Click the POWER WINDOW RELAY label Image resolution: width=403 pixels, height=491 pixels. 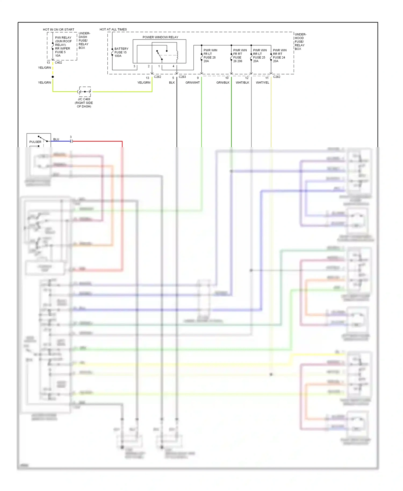click(160, 37)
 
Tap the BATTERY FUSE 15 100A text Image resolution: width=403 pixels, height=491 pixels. click(121, 52)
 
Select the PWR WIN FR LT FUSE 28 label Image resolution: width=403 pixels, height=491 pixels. click(210, 56)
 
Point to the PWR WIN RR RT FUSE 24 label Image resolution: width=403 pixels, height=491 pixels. click(279, 56)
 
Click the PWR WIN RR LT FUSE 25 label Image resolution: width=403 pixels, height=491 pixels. click(259, 56)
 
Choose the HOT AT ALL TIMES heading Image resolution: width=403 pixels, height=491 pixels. click(113, 29)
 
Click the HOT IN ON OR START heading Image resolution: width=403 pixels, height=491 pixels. click(59, 30)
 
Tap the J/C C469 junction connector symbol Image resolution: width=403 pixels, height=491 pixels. click(85, 92)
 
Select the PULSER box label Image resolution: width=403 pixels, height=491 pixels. click(35, 142)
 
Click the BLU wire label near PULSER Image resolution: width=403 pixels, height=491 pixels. click(56, 139)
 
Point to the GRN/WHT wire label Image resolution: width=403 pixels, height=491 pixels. click(192, 82)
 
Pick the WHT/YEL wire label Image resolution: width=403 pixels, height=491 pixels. click(262, 82)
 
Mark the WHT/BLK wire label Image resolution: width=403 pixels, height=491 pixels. click(242, 82)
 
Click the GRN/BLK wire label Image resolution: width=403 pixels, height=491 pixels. click(223, 82)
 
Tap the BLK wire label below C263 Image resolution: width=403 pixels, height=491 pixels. click(172, 82)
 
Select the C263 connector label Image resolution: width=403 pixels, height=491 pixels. click(182, 77)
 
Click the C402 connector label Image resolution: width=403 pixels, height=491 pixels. click(58, 63)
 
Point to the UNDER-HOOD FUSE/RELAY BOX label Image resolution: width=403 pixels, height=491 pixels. click(300, 42)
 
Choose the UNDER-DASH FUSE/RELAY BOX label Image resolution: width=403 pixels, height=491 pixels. click(84, 41)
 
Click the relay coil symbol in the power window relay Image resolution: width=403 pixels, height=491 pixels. click(177, 55)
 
